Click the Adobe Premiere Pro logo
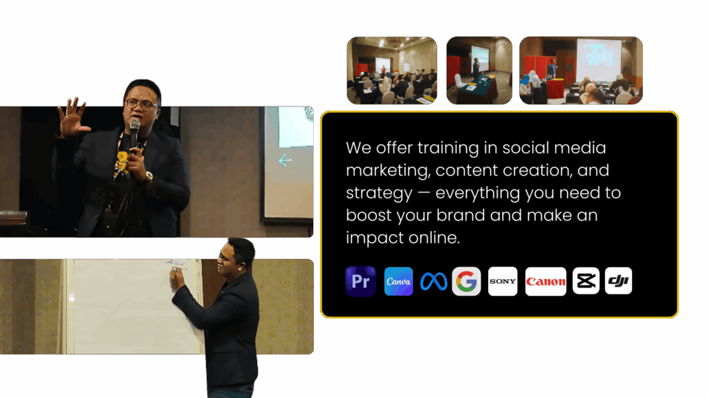360,281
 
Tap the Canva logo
398,281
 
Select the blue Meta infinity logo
434,281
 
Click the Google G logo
467,281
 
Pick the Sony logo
503,281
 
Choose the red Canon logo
546,281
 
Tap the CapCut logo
586,281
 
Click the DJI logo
618,281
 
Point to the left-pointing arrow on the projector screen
285,160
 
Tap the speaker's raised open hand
73,116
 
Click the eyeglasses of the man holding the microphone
140,105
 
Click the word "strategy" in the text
379,193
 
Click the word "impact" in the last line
374,238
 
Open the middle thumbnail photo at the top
479,70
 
